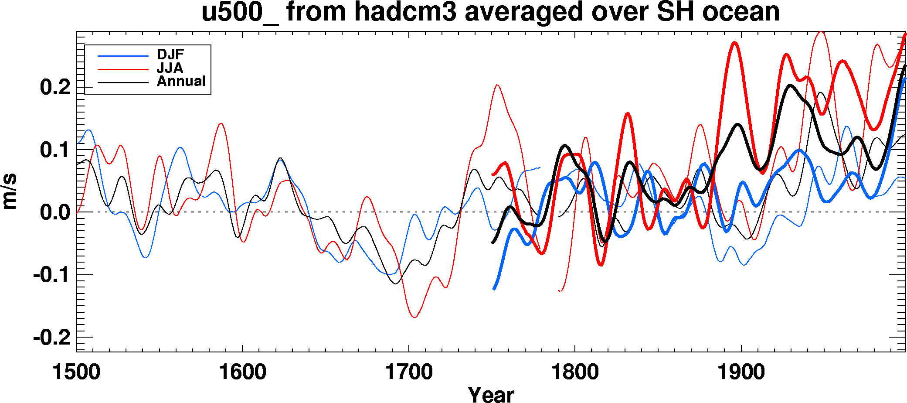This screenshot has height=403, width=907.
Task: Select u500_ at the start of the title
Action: [239, 12]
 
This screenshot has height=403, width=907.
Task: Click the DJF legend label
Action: [170, 55]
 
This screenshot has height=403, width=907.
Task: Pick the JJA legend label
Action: [170, 68]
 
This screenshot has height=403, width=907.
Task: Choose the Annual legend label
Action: [181, 81]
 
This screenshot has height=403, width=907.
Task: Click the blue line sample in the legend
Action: [123, 56]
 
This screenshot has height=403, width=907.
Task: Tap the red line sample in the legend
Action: [123, 69]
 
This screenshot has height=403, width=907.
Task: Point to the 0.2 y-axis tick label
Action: [55, 88]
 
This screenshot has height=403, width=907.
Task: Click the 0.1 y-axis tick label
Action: [55, 150]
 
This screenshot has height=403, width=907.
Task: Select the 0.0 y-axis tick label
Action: [55, 213]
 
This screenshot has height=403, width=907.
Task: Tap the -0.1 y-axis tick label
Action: [51, 275]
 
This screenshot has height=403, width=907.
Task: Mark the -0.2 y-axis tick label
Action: [51, 338]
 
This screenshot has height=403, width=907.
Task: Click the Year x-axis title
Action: [491, 394]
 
